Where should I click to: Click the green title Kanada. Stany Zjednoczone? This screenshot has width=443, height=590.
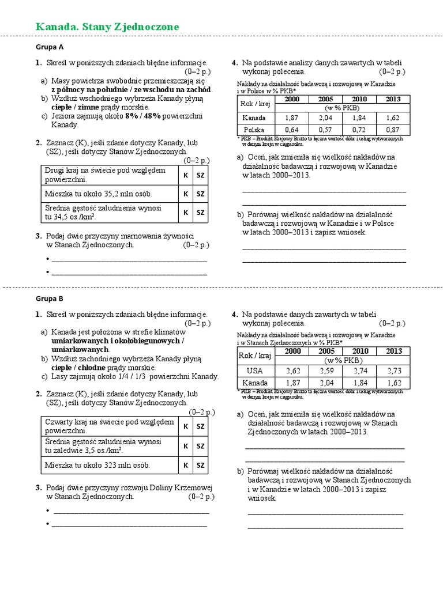point(107,27)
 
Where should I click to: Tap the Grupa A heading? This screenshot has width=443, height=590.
point(50,47)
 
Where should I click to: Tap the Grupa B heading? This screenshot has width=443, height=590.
point(49,298)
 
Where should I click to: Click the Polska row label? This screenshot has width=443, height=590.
point(254,130)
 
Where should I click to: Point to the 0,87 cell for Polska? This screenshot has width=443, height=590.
point(393,130)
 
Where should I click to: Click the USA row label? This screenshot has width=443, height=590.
point(254,370)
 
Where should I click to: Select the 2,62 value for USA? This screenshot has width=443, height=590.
point(293,370)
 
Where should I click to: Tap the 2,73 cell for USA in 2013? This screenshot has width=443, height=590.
point(394,370)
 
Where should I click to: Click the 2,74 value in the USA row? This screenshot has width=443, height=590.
point(360,370)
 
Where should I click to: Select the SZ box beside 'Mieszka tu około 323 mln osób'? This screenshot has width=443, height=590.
point(200,464)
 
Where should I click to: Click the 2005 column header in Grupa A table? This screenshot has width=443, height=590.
point(326,99)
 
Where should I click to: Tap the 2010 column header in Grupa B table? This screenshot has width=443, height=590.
point(360,351)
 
